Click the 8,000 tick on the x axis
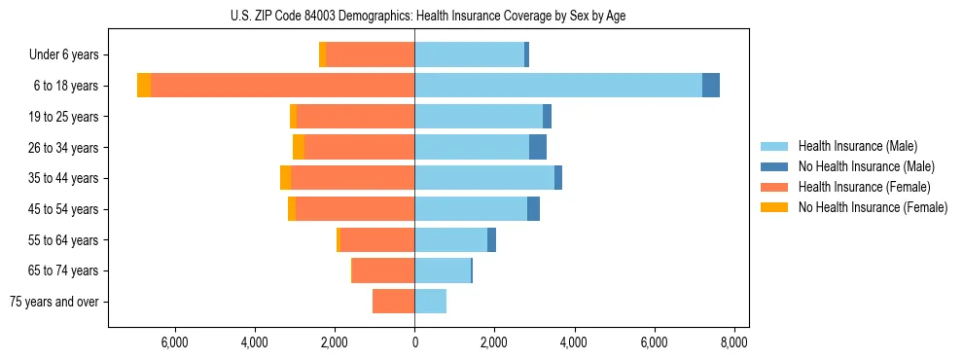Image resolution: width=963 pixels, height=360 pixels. [x=733, y=342]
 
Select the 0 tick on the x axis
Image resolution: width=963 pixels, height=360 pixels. [x=414, y=342]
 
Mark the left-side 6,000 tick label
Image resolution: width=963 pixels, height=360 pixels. [x=174, y=342]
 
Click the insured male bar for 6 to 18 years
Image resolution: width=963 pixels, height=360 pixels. [x=558, y=86]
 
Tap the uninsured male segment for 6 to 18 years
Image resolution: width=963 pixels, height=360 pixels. [x=711, y=86]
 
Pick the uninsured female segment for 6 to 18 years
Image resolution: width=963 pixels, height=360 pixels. [x=144, y=86]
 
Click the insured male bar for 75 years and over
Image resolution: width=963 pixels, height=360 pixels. [x=431, y=302]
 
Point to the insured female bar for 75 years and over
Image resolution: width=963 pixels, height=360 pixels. [x=393, y=302]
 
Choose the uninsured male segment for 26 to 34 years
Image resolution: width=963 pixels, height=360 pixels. [x=538, y=147]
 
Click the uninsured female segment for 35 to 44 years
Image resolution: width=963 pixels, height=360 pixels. [x=285, y=178]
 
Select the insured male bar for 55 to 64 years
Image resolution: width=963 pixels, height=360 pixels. [x=450, y=239]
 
